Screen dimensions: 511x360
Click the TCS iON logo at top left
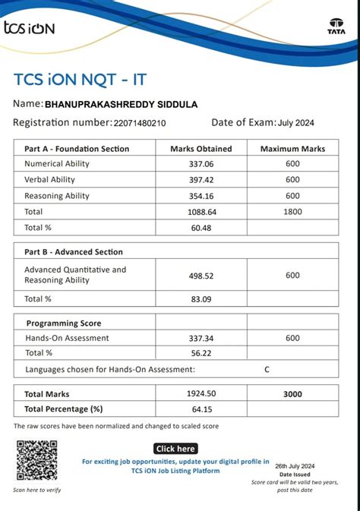pyautogui.click(x=30, y=28)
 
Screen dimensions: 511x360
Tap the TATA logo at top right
pyautogui.click(x=336, y=27)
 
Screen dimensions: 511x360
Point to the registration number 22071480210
pyautogui.click(x=139, y=123)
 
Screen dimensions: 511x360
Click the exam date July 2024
pyautogui.click(x=296, y=123)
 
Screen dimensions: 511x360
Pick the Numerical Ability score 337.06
pyautogui.click(x=201, y=164)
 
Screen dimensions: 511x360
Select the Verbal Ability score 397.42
pyautogui.click(x=201, y=180)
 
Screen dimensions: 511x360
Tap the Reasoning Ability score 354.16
pyautogui.click(x=201, y=196)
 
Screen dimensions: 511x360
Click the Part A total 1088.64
pyautogui.click(x=201, y=212)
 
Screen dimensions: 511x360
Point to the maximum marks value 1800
pyautogui.click(x=292, y=212)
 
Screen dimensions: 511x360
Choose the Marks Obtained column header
pyautogui.click(x=201, y=149)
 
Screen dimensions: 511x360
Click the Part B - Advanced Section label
pyautogui.click(x=74, y=251)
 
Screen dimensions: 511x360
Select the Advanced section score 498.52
pyautogui.click(x=201, y=276)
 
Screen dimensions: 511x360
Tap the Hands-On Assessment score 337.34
pyautogui.click(x=201, y=338)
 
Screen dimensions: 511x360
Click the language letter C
pyautogui.click(x=267, y=369)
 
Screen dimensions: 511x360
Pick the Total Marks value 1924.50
pyautogui.click(x=201, y=394)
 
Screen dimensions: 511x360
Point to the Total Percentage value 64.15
pyautogui.click(x=201, y=409)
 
